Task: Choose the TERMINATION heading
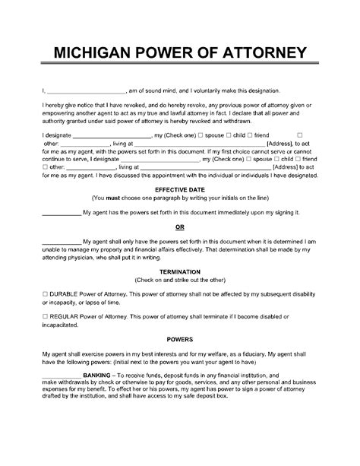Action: pyautogui.click(x=180, y=290)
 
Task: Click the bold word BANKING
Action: pyautogui.click(x=96, y=417)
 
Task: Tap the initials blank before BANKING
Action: pyautogui.click(x=59, y=417)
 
